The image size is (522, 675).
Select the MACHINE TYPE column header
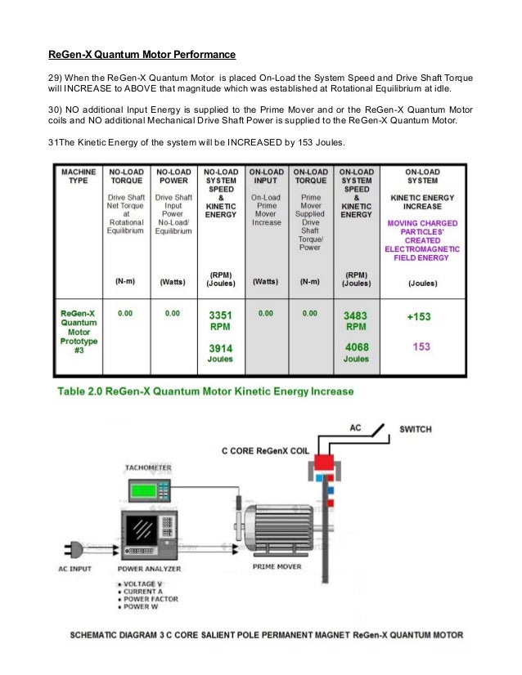[x=79, y=178]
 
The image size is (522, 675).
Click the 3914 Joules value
[x=219, y=353]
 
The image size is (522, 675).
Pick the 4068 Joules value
[x=356, y=352]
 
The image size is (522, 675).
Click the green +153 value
[x=421, y=316]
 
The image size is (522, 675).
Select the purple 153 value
[x=421, y=346]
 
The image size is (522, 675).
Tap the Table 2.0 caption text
[x=205, y=392]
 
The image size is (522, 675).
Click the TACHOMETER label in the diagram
[x=148, y=468]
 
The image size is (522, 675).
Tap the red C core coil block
[x=323, y=467]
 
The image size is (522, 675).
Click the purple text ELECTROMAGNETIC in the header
[x=422, y=249]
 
